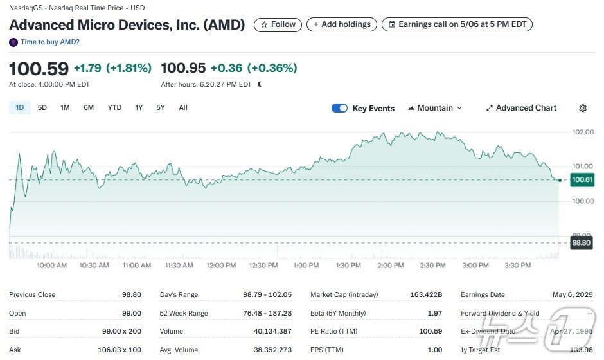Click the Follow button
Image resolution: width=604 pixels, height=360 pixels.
[x=278, y=24]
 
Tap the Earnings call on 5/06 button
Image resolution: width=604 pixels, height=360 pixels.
[x=457, y=24]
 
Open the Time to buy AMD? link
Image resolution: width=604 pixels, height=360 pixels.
[x=49, y=42]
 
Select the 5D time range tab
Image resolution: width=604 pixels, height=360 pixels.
[x=42, y=108]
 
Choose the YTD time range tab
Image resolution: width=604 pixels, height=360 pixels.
[x=114, y=108]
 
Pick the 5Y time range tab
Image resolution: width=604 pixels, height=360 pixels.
[x=161, y=108]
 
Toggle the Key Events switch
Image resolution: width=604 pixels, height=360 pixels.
[x=339, y=108]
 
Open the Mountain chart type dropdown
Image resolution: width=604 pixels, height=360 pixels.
[x=435, y=108]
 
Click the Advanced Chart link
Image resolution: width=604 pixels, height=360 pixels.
[x=521, y=108]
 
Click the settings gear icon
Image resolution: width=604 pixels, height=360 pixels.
[x=583, y=108]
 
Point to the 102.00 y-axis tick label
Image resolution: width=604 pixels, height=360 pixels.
[x=583, y=132]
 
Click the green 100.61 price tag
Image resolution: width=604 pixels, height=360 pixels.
[x=582, y=180]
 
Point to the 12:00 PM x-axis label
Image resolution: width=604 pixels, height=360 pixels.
[x=221, y=265]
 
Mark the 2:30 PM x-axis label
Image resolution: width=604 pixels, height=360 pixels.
[x=432, y=265]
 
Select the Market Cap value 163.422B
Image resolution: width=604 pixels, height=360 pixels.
[x=425, y=295]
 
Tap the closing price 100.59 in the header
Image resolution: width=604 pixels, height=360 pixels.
[x=39, y=68]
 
